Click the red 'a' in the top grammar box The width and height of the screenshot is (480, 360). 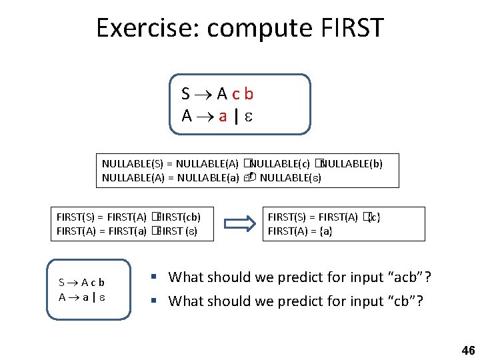(222, 116)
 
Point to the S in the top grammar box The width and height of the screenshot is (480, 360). (186, 94)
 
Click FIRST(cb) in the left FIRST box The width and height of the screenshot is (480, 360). (178, 217)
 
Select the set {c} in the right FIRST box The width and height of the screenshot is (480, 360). (373, 217)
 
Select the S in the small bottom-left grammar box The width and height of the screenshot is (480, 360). (62, 283)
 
